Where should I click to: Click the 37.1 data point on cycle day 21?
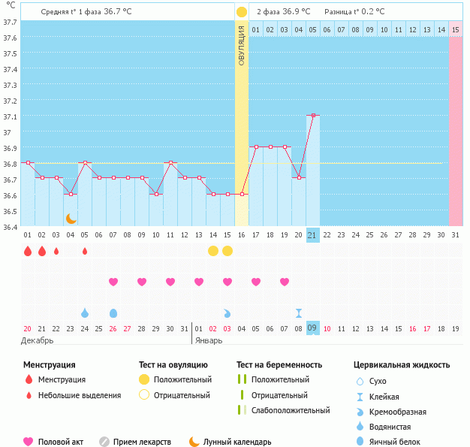tap(313, 116)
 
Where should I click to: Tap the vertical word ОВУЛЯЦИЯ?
tap(241, 45)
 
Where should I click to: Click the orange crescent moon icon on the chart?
tap(71, 218)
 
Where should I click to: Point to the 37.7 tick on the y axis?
tap(10, 23)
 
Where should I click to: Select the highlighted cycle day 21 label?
tap(313, 235)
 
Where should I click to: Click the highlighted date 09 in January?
tap(313, 328)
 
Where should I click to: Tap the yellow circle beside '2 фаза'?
tap(241, 12)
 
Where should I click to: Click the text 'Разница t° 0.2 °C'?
tap(354, 12)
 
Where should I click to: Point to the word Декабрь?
tap(38, 340)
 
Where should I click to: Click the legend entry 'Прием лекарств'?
tap(142, 442)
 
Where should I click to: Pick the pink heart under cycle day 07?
tap(113, 282)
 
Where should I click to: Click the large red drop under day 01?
tap(28, 251)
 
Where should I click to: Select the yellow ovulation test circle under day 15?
tap(213, 250)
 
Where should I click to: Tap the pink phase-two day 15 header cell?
tap(456, 29)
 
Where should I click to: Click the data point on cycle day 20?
tap(299, 177)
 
